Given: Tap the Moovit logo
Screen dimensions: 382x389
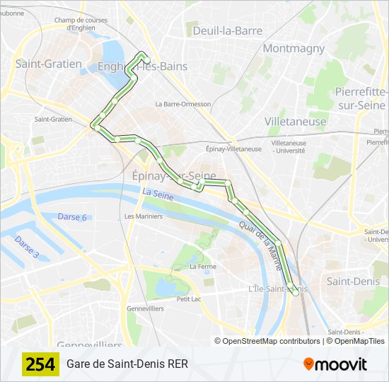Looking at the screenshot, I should [335, 364].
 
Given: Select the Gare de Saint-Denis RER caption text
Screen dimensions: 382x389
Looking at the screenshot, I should [127, 364].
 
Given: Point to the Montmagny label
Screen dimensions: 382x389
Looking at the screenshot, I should [294, 49].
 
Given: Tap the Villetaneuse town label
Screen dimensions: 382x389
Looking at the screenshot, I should [296, 121].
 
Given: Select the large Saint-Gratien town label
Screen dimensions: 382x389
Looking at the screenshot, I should [48, 64].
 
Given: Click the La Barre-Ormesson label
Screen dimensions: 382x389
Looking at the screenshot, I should [183, 104].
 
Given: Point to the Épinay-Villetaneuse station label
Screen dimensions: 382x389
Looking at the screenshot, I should [233, 149].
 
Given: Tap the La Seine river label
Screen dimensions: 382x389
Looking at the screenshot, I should [157, 192].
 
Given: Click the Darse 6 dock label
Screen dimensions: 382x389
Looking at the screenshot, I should [72, 217].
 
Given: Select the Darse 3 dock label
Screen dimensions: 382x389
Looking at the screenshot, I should [27, 247].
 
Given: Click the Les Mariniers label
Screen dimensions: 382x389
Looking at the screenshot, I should [144, 216].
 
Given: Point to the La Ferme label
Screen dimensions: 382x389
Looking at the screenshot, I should [203, 267].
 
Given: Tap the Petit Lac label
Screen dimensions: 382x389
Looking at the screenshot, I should [190, 299].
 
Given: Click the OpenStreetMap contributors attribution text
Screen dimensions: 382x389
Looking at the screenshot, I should [267, 341].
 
